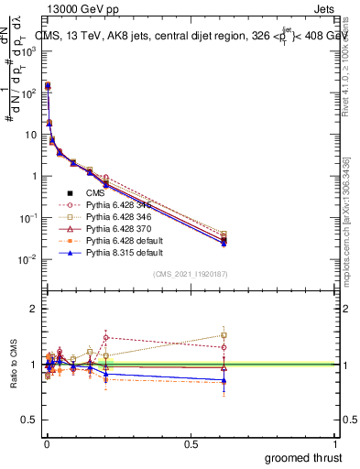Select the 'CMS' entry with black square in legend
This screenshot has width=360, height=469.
(x=94, y=191)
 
